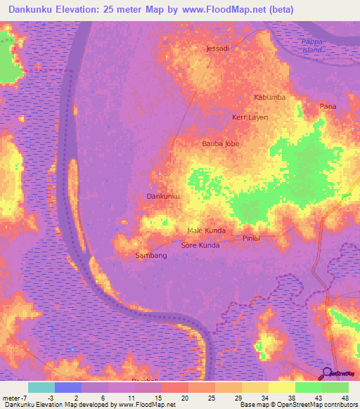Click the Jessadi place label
click(217, 48)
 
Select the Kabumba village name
click(269, 97)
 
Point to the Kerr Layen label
click(250, 117)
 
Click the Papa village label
click(328, 106)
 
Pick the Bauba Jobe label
click(221, 143)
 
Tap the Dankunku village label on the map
click(164, 196)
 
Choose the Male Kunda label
click(206, 231)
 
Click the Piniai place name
click(252, 239)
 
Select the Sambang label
click(151, 256)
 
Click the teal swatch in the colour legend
click(41, 387)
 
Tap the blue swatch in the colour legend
click(68, 387)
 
